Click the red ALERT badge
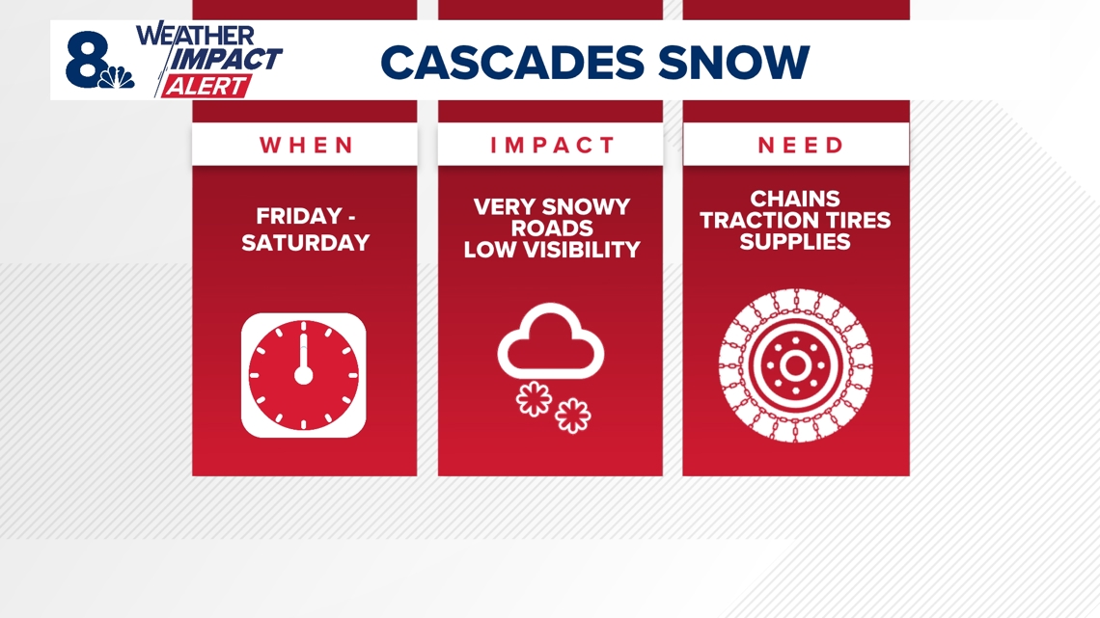pos(206,86)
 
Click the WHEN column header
pos(306,146)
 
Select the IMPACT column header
pos(552,146)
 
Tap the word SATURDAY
pos(305,242)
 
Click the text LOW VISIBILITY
pos(551,250)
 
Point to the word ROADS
pos(551,228)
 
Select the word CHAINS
pos(795,199)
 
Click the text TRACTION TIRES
pos(795,220)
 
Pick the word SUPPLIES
pos(795,241)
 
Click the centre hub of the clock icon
pos(303,375)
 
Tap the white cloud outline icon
pos(551,344)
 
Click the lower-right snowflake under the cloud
pos(573,416)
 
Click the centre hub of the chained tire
pos(795,366)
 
